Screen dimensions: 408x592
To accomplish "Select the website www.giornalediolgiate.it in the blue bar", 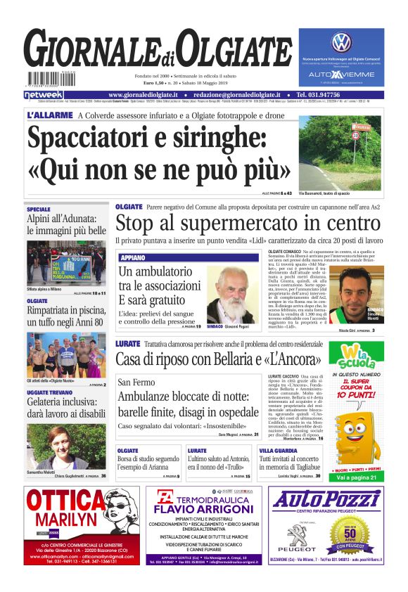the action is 153,94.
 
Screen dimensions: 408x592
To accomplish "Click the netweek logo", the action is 44,94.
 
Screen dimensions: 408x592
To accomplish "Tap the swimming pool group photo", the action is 66,355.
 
